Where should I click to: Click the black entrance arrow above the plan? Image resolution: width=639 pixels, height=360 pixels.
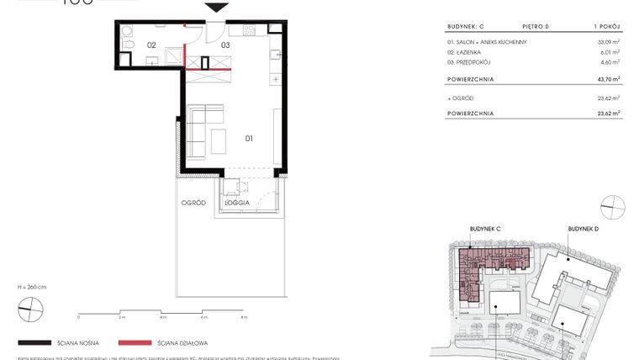(x=217, y=8)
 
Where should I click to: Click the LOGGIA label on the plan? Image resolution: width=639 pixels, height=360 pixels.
(x=236, y=204)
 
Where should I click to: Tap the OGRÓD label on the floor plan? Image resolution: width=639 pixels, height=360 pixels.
(x=193, y=204)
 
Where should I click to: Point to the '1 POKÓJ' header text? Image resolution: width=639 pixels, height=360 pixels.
(x=607, y=25)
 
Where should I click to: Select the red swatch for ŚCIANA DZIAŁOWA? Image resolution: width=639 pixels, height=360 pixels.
(x=135, y=343)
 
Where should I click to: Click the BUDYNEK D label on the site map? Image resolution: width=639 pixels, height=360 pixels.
(x=583, y=229)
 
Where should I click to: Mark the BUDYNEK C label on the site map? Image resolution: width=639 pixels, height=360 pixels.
(x=485, y=229)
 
